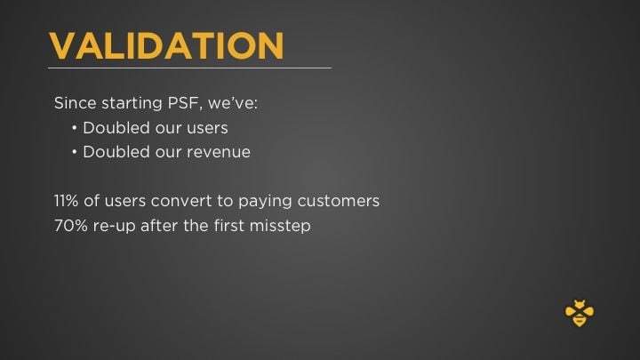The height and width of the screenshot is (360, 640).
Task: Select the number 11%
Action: point(68,201)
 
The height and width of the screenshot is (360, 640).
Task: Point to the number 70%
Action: point(70,226)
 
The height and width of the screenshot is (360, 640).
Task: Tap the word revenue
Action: point(218,152)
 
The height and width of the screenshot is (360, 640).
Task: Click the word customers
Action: point(342,201)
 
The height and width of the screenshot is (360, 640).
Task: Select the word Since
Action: point(73,103)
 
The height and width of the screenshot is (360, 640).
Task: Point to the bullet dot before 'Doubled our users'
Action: point(75,128)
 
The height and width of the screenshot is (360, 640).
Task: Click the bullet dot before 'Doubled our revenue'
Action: point(75,152)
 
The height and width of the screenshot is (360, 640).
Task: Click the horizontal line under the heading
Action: point(189,68)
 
